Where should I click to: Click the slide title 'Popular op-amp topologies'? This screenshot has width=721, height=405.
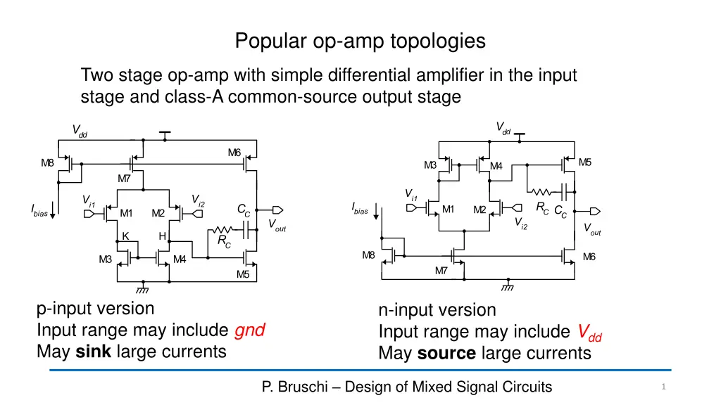tap(360, 41)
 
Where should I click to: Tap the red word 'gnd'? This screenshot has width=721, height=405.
tap(249, 330)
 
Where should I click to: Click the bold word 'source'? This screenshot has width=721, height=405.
tap(446, 353)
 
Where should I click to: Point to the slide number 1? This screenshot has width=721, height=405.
tap(664, 387)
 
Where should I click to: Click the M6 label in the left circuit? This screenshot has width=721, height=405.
tap(234, 153)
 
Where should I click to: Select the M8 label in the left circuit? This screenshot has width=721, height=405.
tap(47, 163)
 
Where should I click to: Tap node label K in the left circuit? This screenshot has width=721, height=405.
tap(125, 236)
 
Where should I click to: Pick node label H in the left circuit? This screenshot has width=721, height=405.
tap(162, 236)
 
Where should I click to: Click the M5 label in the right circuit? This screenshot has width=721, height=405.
tap(584, 162)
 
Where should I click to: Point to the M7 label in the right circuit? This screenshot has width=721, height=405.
tap(441, 271)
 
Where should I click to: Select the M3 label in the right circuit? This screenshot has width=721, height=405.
tap(430, 166)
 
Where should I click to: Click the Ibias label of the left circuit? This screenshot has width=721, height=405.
tap(39, 210)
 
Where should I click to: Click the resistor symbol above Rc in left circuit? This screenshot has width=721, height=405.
tap(222, 230)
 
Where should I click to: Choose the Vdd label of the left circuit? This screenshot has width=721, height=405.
tap(80, 131)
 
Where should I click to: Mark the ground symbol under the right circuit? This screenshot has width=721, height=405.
tap(507, 288)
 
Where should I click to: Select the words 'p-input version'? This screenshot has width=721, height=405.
tap(95, 309)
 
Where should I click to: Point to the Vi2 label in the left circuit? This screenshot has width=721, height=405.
tap(198, 200)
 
